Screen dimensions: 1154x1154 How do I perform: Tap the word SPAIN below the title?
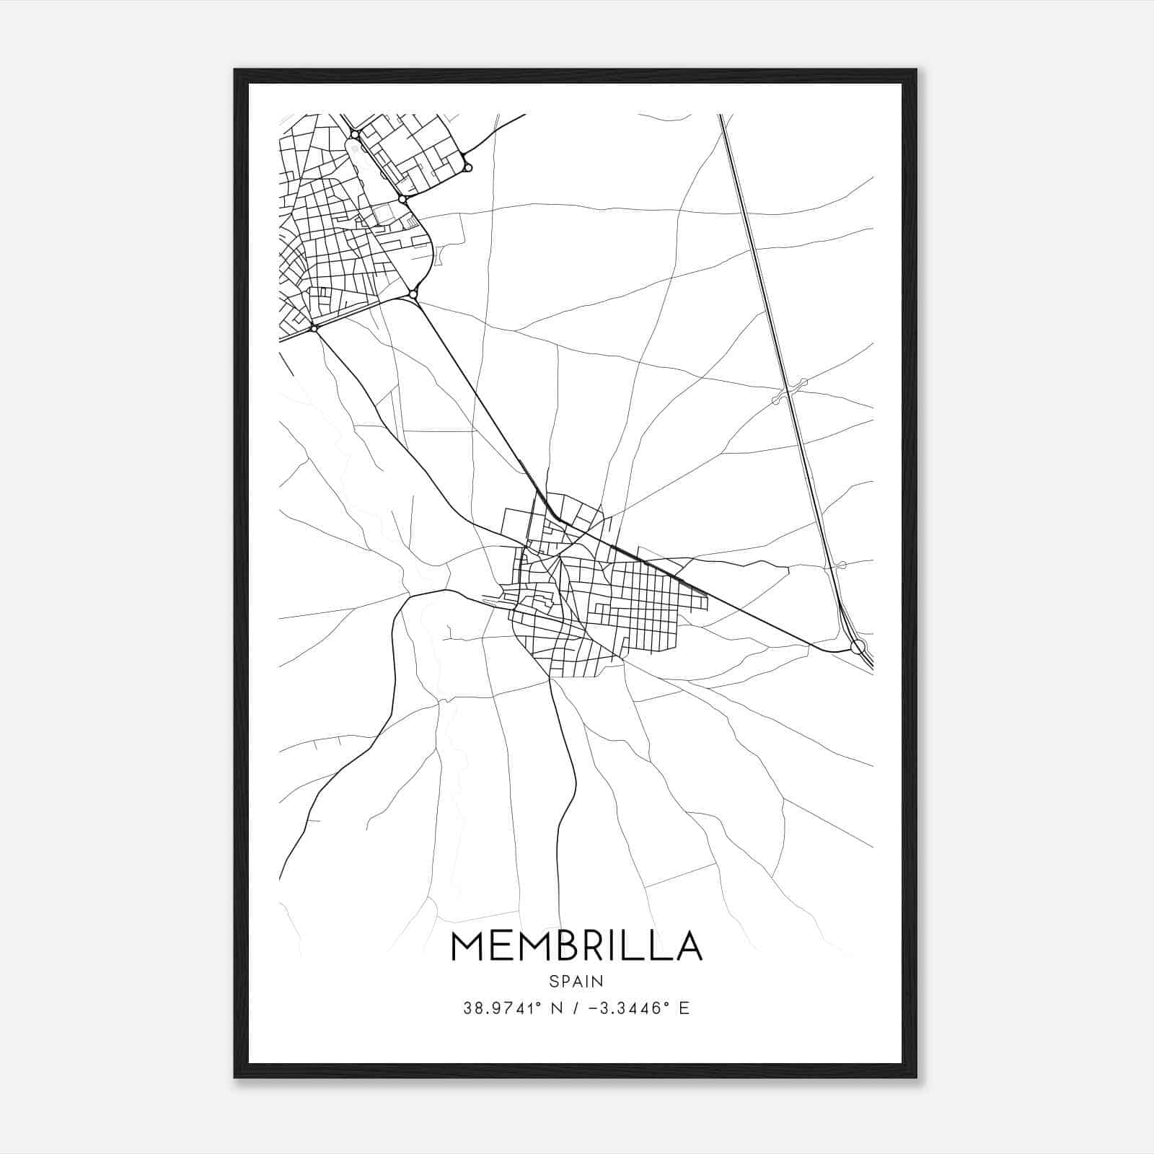coord(576,981)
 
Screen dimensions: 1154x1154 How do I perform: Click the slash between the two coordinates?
coord(574,1008)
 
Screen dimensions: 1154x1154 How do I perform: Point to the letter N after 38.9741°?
coord(556,1008)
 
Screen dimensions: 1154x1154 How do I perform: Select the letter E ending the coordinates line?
coord(684,1008)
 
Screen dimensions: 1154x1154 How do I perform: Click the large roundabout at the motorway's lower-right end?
coord(858,646)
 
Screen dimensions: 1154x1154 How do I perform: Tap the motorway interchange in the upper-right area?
coord(790,390)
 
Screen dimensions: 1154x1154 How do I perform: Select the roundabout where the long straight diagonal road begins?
coord(413,294)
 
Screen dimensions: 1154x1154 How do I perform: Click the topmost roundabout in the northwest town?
coord(354,134)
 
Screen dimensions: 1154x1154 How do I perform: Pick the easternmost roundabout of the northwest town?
coord(467,167)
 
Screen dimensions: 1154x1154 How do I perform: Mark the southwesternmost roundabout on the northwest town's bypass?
coord(314,329)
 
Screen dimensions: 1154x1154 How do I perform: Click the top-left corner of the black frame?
coord(235,70)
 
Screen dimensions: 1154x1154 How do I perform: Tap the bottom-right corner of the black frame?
coord(916,1078)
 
